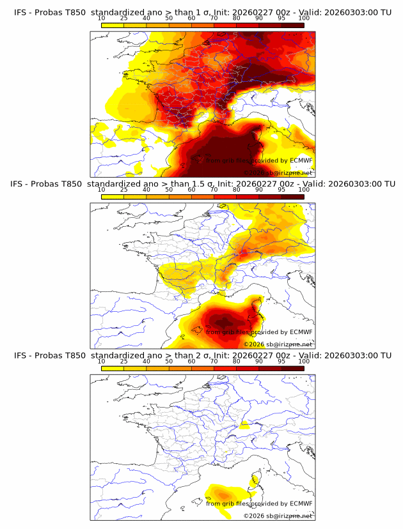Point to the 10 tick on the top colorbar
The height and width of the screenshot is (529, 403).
click(x=102, y=18)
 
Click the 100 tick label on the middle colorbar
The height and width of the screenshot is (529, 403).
click(x=304, y=190)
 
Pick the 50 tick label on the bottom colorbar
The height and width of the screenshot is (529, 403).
click(x=169, y=362)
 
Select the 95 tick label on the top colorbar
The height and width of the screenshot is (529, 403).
click(x=281, y=18)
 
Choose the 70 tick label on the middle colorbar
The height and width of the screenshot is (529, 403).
click(x=214, y=190)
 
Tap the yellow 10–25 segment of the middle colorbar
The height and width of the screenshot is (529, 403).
click(x=113, y=197)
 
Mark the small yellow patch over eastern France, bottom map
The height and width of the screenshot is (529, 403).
click(x=244, y=425)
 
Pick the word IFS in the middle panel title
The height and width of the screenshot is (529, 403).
click(x=20, y=183)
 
